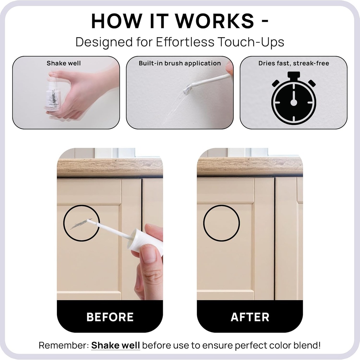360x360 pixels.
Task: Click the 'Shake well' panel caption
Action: tap(64, 63)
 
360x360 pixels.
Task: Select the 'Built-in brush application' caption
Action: tap(180, 63)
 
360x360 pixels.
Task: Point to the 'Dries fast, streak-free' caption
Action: tap(294, 63)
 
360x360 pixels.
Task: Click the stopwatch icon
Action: tap(294, 101)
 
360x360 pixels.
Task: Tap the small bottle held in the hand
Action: tap(53, 95)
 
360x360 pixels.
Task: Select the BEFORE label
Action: tap(110, 317)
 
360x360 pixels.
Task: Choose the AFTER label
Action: tap(250, 317)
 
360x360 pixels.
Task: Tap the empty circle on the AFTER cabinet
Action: tap(221, 223)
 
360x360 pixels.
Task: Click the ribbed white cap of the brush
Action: tap(137, 243)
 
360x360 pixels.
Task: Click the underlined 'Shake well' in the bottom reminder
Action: tap(116, 345)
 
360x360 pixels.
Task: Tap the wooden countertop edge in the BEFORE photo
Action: tap(110, 168)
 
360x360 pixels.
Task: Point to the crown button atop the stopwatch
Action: tap(294, 75)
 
